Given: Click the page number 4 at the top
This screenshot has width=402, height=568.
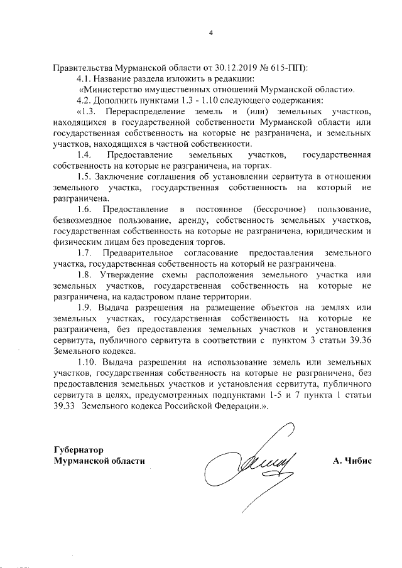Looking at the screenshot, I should pyautogui.click(x=212, y=33).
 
